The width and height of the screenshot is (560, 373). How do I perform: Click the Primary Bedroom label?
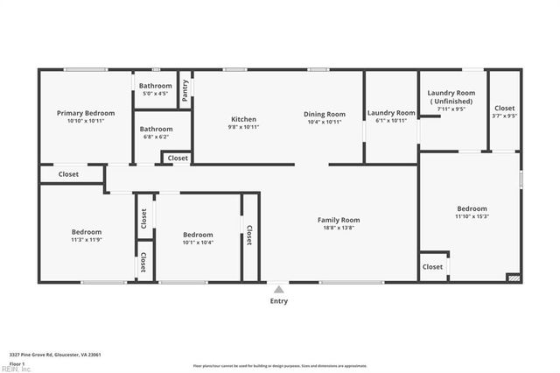86,113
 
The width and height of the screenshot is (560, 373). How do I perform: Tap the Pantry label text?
185,90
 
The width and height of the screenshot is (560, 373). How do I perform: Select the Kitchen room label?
243,119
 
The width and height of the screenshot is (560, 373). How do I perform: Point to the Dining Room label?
325,114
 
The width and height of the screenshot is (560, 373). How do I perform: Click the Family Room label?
339,220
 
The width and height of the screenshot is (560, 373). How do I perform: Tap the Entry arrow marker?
278,289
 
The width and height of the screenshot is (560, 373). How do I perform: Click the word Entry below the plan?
278,301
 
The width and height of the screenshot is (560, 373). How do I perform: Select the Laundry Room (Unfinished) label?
451,97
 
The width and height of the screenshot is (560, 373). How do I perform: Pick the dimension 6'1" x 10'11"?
391,122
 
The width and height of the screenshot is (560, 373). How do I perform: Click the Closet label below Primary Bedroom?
68,174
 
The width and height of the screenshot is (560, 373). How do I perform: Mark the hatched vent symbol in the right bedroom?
514,278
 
